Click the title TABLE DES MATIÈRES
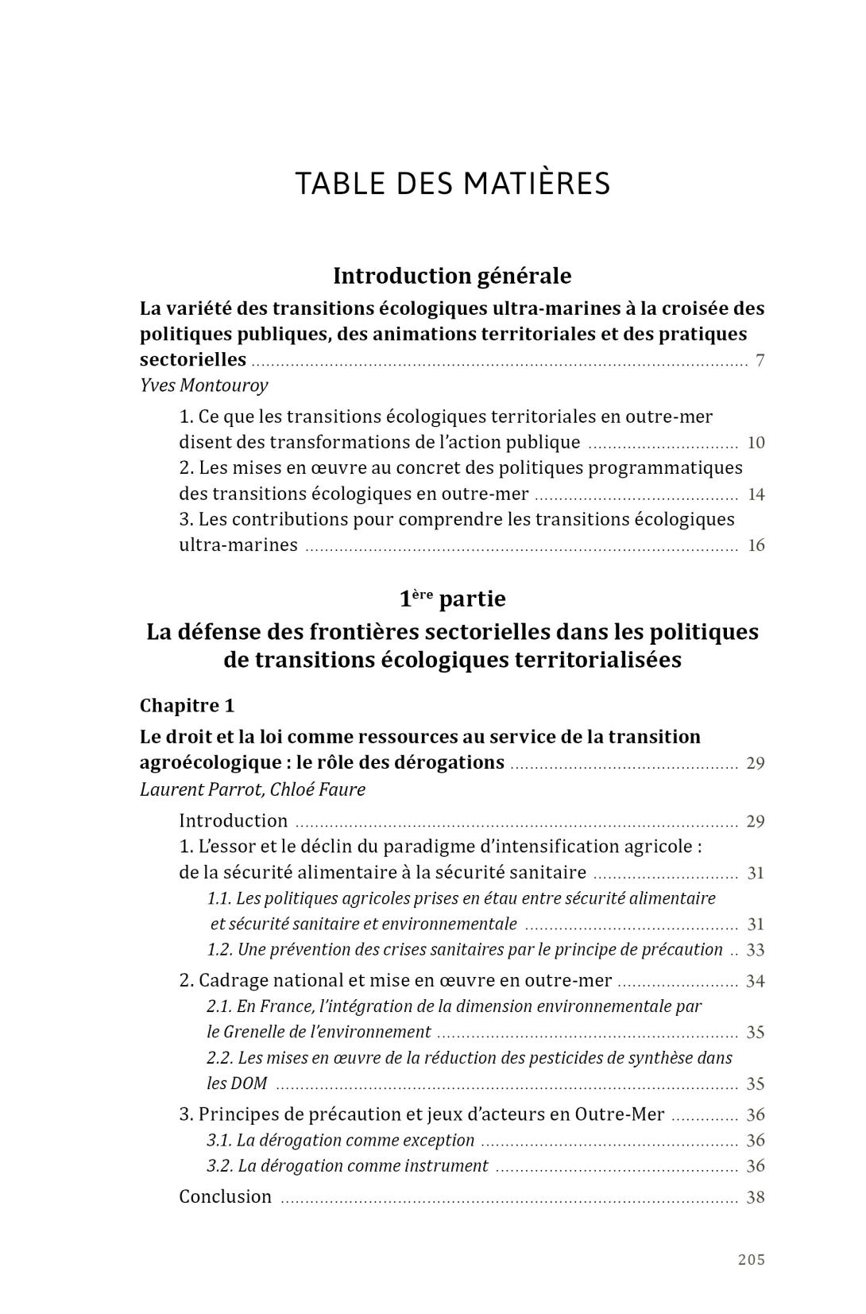pyautogui.click(x=453, y=184)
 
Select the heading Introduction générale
pyautogui.click(x=452, y=276)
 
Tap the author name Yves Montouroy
pyautogui.click(x=203, y=386)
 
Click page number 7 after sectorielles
pyautogui.click(x=760, y=361)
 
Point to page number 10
pyautogui.click(x=756, y=443)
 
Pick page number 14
pyautogui.click(x=756, y=494)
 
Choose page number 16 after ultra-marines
pyautogui.click(x=756, y=545)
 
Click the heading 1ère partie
pyautogui.click(x=452, y=598)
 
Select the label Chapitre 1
pyautogui.click(x=187, y=706)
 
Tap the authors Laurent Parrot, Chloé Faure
pyautogui.click(x=252, y=789)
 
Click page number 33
pyautogui.click(x=755, y=950)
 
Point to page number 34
pyautogui.click(x=755, y=981)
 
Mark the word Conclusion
pyautogui.click(x=225, y=1197)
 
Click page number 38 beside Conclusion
pyautogui.click(x=755, y=1197)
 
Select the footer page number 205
pyautogui.click(x=751, y=1260)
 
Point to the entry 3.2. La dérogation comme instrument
pyautogui.click(x=347, y=1166)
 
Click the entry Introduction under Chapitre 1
pyautogui.click(x=233, y=821)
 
